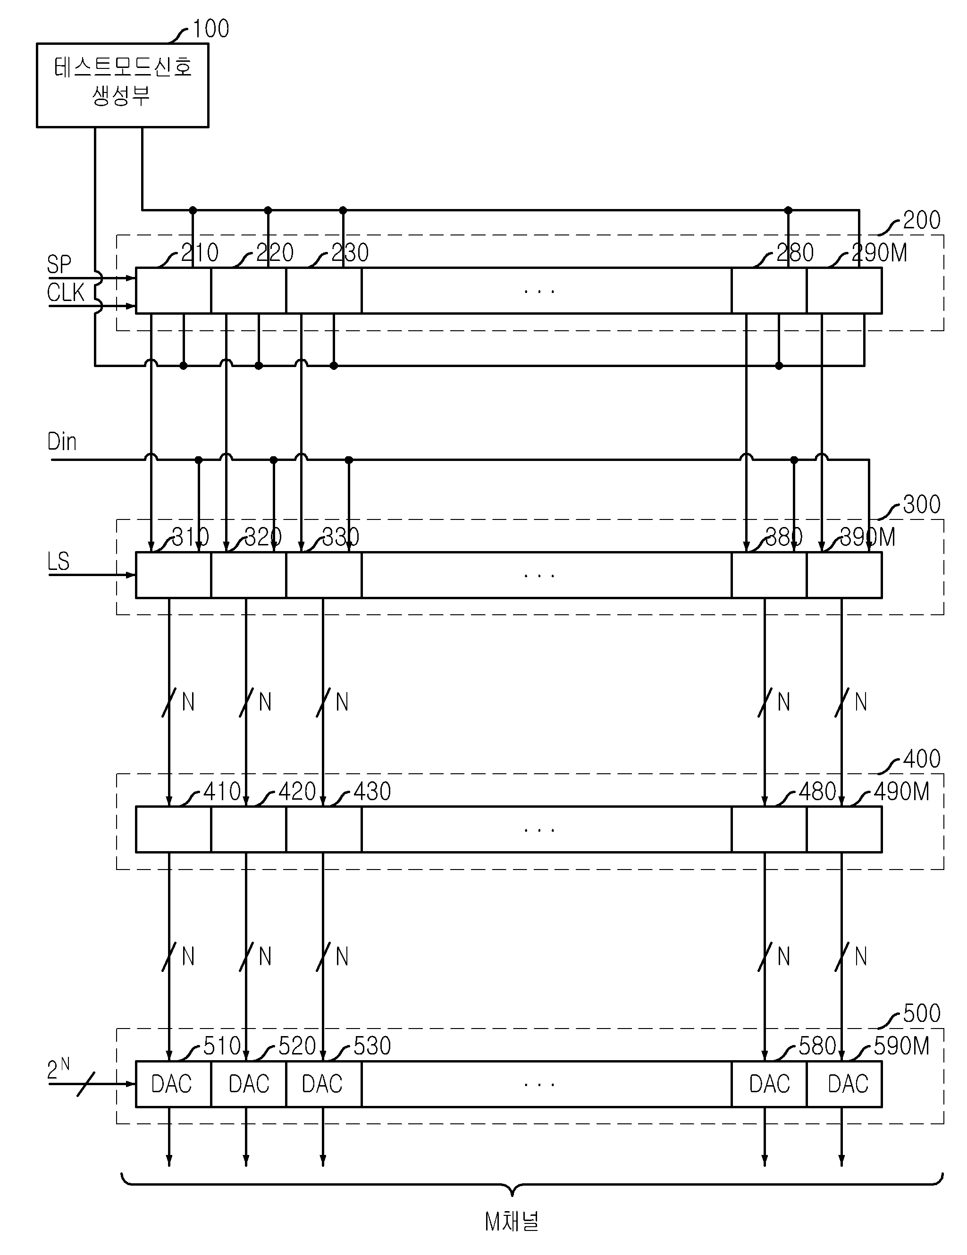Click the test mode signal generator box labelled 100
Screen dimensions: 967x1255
[122, 85]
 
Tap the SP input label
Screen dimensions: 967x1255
[59, 264]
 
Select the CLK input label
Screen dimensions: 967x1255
[66, 293]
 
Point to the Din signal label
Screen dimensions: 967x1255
[61, 441]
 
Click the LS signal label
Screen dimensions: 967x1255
[58, 561]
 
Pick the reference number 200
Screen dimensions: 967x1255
[922, 220]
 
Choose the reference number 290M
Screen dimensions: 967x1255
[879, 253]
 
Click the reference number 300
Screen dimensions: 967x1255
[922, 504]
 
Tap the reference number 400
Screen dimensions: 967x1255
[922, 759]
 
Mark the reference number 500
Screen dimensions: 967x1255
[922, 1013]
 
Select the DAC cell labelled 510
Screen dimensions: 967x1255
[173, 1084]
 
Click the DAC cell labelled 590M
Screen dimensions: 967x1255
[844, 1084]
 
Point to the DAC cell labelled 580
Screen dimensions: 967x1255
[769, 1084]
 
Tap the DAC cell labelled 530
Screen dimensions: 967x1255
[324, 1084]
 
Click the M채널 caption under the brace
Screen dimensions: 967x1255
[512, 1222]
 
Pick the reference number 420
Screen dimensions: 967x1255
[297, 792]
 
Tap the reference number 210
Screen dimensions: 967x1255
[200, 253]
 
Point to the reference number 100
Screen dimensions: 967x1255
[210, 29]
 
